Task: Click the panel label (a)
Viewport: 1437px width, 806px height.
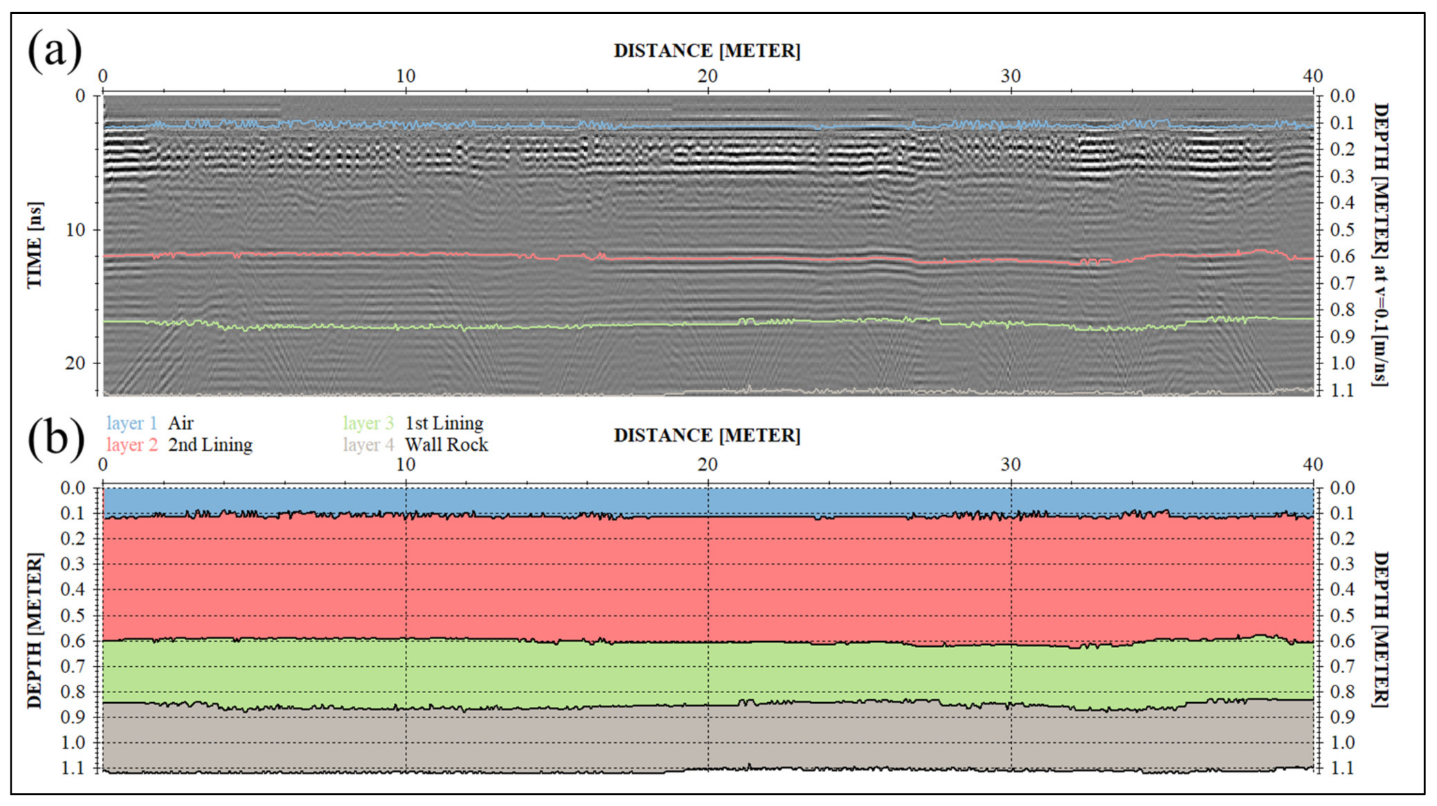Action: (x=55, y=51)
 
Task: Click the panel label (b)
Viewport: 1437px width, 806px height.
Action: (x=56, y=438)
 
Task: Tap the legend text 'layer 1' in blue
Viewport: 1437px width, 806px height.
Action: (x=132, y=423)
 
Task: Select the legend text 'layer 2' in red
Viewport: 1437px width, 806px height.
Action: (x=132, y=445)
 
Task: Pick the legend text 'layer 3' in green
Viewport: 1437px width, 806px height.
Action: (x=368, y=423)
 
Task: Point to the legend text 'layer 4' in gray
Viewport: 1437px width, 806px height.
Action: (x=368, y=445)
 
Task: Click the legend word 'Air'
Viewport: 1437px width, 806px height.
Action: (x=181, y=423)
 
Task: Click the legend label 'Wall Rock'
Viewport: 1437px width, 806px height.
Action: (x=446, y=445)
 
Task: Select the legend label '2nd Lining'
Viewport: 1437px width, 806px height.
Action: (x=210, y=445)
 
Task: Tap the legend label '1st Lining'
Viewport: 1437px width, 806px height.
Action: (x=444, y=423)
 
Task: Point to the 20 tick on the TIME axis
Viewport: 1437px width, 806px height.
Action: (x=75, y=364)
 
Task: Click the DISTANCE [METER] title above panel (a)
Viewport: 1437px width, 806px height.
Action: (x=707, y=51)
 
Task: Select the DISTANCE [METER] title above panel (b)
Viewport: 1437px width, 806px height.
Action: (x=707, y=436)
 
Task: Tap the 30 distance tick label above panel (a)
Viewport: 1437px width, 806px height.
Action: (x=1010, y=76)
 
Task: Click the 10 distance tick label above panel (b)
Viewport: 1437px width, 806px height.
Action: (x=406, y=465)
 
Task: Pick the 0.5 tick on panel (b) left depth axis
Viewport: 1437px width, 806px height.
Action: (x=73, y=616)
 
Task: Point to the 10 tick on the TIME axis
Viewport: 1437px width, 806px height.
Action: (x=75, y=230)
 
